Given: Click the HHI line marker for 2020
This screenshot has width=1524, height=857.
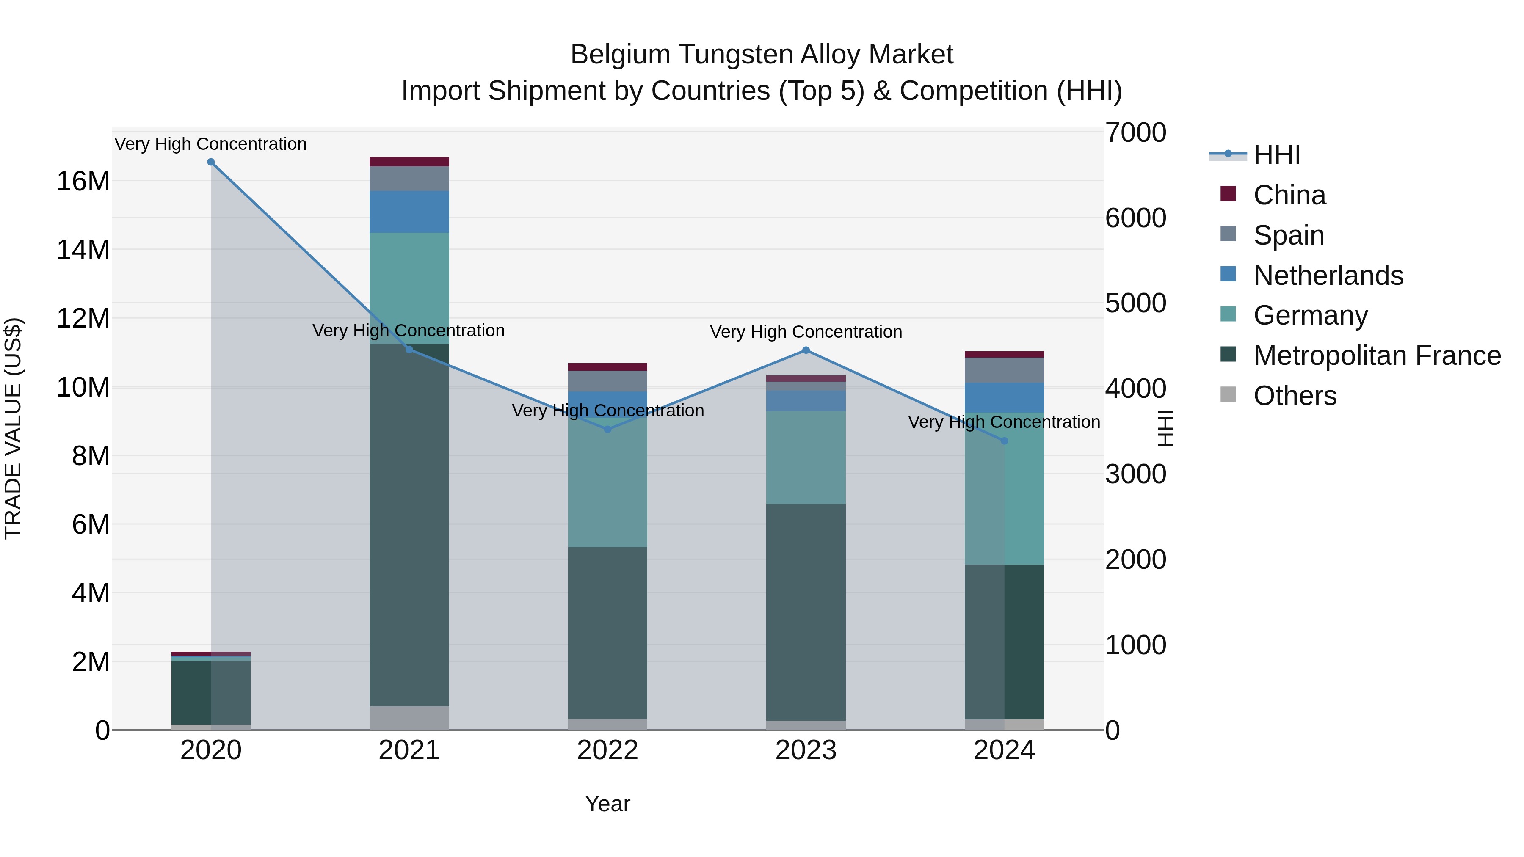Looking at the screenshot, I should coord(211,162).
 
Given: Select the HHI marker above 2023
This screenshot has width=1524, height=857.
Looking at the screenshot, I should coord(805,350).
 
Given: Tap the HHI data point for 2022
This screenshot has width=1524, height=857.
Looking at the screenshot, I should coord(607,430).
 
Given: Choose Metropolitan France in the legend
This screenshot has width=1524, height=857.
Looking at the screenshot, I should coord(1377,355).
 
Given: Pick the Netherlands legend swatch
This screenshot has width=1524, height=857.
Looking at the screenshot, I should coord(1228,274).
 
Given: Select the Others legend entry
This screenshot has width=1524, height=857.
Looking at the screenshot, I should coord(1295,396).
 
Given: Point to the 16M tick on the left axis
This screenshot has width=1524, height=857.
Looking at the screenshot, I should coord(83,181).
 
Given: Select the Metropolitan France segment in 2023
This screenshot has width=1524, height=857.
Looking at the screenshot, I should coord(805,612).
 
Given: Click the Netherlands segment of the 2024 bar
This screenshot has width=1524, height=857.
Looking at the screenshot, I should coord(1004,397).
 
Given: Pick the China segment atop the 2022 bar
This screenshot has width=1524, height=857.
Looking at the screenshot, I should coord(607,366).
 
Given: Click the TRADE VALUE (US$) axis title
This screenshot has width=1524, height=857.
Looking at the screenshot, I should coord(13,428).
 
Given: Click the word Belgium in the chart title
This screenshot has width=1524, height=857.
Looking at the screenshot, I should coord(619,55).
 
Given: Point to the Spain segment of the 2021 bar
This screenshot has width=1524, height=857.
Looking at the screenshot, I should coord(409,179).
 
